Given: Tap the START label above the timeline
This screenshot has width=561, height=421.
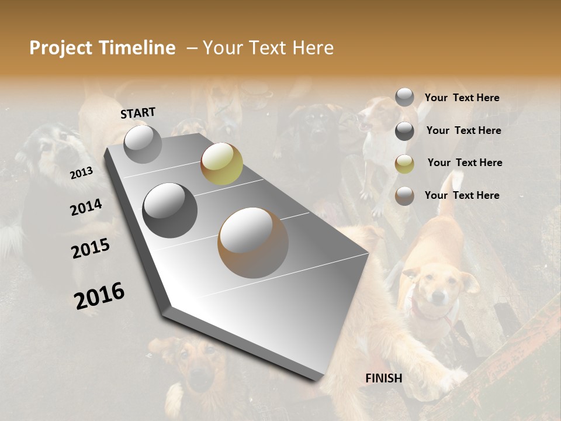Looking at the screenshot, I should [138, 113].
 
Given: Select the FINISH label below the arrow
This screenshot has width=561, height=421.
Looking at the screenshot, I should [383, 378].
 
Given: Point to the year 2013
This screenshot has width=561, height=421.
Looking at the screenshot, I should [81, 173].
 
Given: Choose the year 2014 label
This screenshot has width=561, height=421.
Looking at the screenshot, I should [86, 207].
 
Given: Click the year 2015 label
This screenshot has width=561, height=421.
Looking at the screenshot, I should [91, 248].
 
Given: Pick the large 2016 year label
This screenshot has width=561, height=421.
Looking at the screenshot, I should [99, 295].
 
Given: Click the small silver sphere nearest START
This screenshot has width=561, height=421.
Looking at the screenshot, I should [143, 144].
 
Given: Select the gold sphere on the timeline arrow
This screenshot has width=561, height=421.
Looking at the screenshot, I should [221, 163].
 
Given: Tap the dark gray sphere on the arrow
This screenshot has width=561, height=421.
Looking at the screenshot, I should [169, 210].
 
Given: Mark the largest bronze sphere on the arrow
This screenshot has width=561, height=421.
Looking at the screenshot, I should [253, 242].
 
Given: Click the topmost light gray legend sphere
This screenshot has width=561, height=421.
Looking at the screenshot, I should [404, 98].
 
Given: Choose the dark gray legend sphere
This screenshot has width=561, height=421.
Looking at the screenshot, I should [404, 131].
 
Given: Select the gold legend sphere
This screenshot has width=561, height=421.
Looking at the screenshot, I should [404, 164].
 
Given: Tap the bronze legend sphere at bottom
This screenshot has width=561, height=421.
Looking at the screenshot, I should [404, 196].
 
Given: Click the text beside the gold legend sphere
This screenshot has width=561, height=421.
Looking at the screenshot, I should [465, 163].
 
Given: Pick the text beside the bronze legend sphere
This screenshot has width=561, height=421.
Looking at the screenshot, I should [462, 195].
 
